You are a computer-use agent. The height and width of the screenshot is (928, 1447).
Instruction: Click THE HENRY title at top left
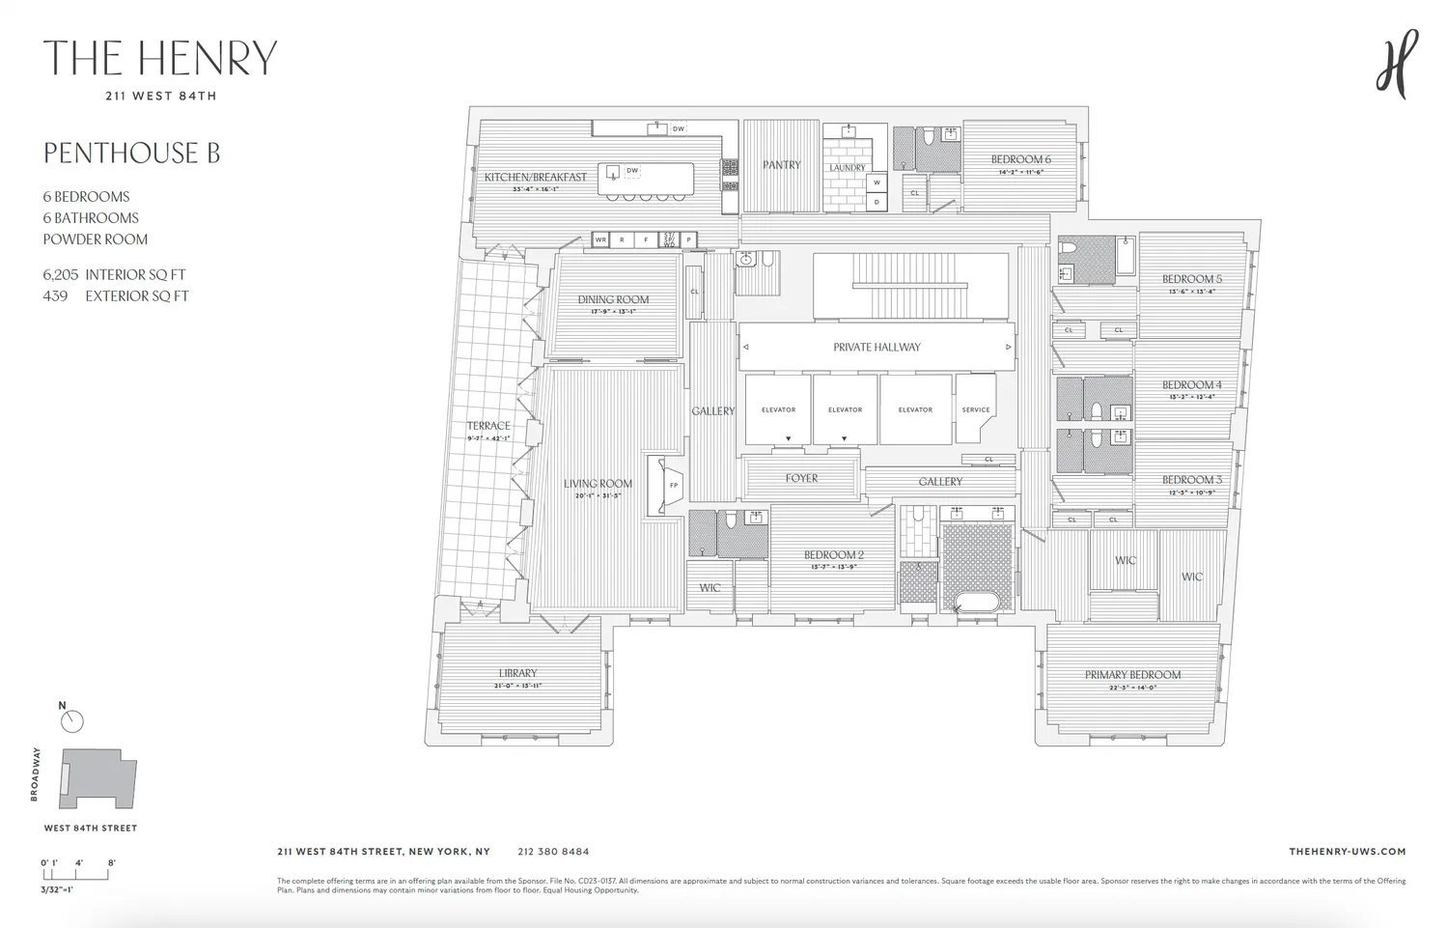(x=160, y=59)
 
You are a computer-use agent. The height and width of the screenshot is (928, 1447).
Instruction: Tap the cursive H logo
(x=1396, y=64)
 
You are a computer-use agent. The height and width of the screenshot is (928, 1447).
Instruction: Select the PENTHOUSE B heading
(x=131, y=154)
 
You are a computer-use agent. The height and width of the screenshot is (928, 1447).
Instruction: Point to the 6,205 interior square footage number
(x=61, y=275)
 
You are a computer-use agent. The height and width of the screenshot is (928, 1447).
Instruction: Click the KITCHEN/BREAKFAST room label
(x=535, y=177)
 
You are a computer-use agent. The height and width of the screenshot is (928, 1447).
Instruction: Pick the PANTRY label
(x=781, y=165)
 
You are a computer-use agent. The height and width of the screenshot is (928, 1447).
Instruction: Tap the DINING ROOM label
(x=613, y=299)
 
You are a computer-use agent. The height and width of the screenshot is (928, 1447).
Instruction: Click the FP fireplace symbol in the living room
(x=673, y=485)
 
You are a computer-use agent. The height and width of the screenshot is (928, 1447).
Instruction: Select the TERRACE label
(x=488, y=426)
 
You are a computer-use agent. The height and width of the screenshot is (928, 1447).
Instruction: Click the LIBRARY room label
(x=517, y=673)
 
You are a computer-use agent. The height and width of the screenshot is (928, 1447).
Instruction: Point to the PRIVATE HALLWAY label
(x=877, y=347)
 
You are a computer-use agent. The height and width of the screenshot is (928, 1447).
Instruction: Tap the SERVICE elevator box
(x=975, y=409)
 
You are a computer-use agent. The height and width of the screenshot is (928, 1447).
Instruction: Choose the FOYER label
(x=801, y=478)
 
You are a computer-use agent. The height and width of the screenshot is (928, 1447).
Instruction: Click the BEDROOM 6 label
(x=1020, y=159)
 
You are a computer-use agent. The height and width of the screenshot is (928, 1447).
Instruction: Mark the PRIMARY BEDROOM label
(x=1132, y=675)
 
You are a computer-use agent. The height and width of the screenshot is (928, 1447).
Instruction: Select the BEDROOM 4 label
(x=1191, y=384)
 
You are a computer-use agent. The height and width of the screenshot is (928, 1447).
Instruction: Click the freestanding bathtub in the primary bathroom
(x=978, y=603)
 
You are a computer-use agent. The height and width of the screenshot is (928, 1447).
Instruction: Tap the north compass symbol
(x=71, y=720)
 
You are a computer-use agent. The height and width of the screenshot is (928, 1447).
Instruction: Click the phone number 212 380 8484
(x=553, y=852)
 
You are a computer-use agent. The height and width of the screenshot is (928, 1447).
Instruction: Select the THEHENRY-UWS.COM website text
(x=1347, y=852)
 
